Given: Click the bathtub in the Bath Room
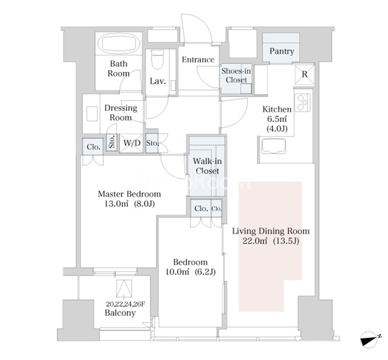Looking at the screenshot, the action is pos(119,44).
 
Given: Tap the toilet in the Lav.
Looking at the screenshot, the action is pos(158,60).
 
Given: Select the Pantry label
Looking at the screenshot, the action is pos(281,51).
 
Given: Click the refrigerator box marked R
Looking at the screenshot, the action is pos(305,74).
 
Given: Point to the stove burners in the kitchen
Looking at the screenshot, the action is pos(302,102).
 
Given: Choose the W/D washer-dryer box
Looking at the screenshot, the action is pos(132,143).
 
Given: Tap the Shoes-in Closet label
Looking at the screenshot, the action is pos(236,75).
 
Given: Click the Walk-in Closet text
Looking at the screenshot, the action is pos(207,166).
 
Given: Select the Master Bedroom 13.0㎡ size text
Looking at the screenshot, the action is pos(130,204).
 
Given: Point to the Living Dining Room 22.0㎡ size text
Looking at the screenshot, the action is pos(271,241).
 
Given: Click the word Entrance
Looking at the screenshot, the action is pos(198,60).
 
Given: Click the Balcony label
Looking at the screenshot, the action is pos(121,313).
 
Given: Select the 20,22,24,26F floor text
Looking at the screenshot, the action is pos(125,304).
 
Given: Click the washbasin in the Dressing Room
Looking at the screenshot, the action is pos(91,114).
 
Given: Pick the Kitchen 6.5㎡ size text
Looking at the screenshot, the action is pos(277,119).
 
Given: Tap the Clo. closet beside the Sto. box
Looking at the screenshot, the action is pos(94,147).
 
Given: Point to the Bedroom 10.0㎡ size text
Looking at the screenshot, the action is pos(191,272).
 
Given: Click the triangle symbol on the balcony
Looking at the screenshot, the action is pos(124,288).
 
